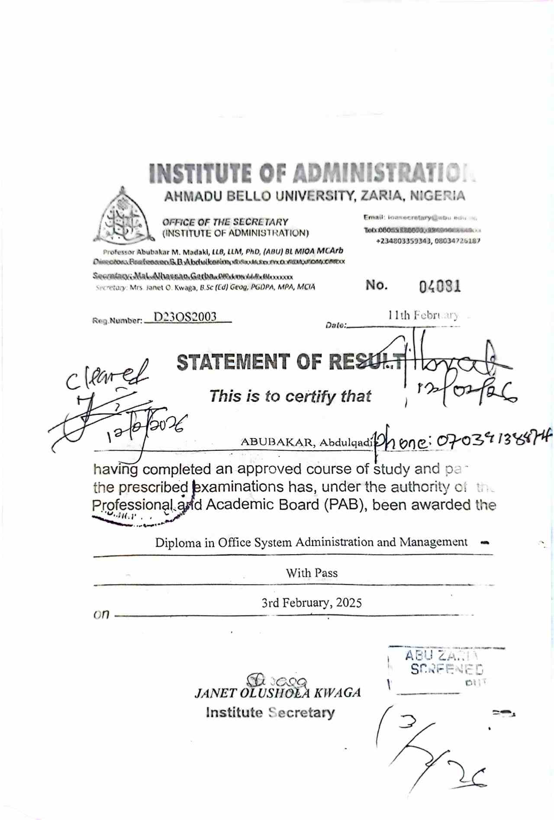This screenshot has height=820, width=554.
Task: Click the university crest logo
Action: [123, 216]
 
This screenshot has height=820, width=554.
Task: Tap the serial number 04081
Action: [440, 287]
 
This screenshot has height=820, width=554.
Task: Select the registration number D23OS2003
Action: [185, 317]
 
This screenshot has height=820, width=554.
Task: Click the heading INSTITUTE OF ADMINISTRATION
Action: [312, 173]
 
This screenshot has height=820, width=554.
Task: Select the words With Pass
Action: [312, 573]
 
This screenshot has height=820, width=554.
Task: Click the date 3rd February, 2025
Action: [312, 603]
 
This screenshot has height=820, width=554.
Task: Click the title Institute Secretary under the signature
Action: [270, 713]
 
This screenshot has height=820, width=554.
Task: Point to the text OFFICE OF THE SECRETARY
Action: [225, 222]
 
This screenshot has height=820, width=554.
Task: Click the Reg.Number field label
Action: [117, 321]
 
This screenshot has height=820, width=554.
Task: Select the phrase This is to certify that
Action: [290, 396]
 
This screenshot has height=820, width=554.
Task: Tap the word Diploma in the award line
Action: [178, 542]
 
